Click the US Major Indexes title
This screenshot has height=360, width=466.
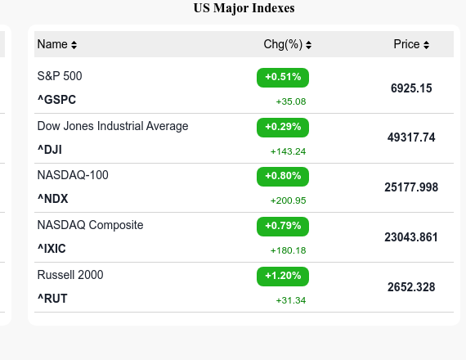[x=244, y=9]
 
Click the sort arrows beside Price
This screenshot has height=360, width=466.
[x=426, y=45]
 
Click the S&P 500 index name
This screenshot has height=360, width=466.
[x=60, y=76]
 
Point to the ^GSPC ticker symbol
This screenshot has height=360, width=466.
[x=56, y=100]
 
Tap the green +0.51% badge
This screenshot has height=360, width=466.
[x=283, y=78]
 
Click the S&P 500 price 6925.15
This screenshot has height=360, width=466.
[x=411, y=88]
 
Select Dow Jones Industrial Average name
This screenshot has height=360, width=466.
[x=113, y=126]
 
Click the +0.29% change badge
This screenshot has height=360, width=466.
[x=283, y=127]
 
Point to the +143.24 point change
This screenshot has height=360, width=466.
[x=288, y=151]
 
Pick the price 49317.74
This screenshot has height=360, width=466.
[x=411, y=137]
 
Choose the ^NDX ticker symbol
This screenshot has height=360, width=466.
[x=53, y=199]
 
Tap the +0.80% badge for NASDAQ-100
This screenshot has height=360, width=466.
[x=283, y=176]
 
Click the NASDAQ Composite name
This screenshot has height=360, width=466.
[x=90, y=225]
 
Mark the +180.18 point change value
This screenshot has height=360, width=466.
[x=288, y=250]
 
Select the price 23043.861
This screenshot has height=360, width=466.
[x=411, y=237]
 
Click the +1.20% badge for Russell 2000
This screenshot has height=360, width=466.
[x=283, y=276]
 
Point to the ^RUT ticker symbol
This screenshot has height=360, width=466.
[x=52, y=299]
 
